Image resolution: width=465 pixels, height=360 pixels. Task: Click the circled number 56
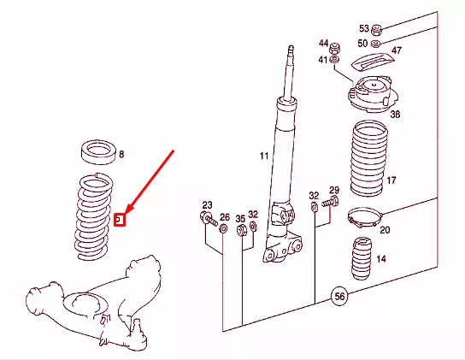339,296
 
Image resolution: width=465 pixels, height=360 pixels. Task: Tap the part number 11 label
264,156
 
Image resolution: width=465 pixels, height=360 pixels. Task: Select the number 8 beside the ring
121,154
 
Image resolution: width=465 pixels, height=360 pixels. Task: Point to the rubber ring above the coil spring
98,157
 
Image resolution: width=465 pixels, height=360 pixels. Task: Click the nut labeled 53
377,29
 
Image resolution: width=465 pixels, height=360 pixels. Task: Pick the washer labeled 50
376,44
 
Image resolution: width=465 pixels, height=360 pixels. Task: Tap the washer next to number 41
335,60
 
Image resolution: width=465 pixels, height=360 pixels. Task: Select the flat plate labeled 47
373,61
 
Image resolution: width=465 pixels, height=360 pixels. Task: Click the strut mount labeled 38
373,94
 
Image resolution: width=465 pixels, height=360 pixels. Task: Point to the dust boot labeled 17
369,158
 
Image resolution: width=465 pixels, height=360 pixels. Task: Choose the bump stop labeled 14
362,258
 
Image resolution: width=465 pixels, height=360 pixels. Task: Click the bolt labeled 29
330,202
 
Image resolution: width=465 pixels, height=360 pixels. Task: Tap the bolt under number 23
209,219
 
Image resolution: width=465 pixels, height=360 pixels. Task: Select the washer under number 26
223,229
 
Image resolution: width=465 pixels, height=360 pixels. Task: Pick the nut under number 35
241,230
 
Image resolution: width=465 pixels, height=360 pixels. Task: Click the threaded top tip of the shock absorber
291,49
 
